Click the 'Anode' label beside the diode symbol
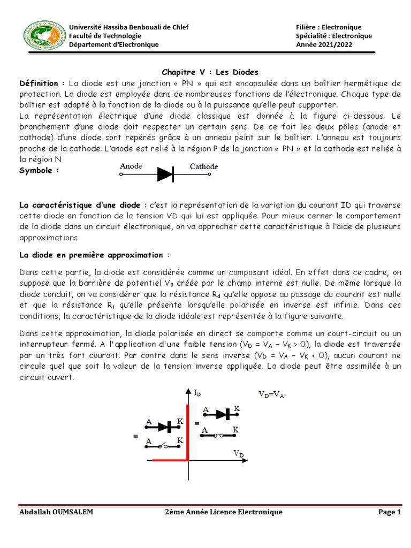tap(131, 166)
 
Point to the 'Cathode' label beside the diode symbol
tap(204, 166)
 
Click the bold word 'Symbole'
tap(39, 170)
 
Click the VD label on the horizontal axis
tap(239, 454)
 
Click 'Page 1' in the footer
tap(390, 512)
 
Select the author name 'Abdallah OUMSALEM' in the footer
tap(56, 512)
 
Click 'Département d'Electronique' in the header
tap(114, 44)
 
